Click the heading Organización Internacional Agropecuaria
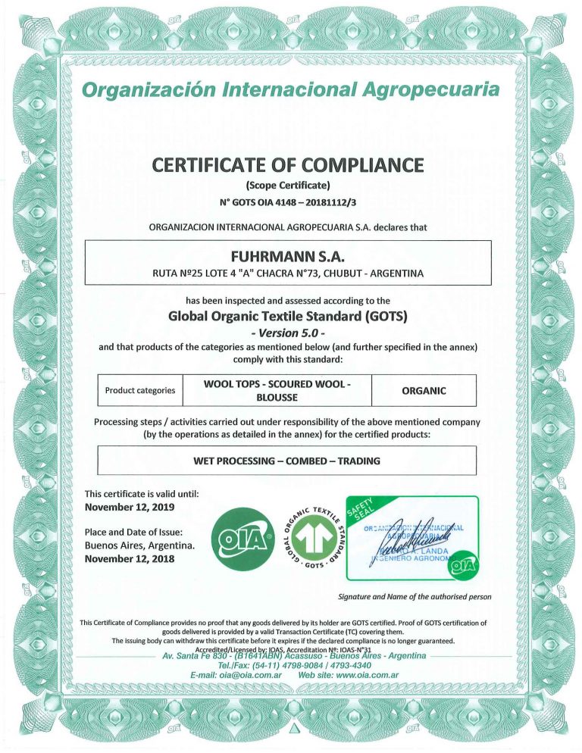[x=291, y=91]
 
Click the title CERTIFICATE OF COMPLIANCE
[x=289, y=164]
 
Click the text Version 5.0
[x=289, y=332]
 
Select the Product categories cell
[x=140, y=391]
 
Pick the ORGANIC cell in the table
[x=423, y=391]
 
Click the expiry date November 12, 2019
[x=128, y=507]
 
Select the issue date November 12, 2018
[x=128, y=559]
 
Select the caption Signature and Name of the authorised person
[x=415, y=597]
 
